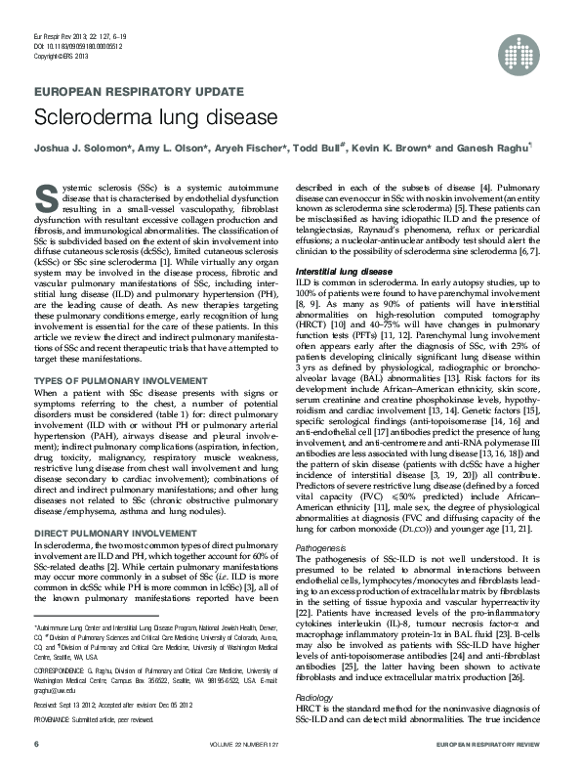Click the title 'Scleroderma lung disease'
(x=156, y=117)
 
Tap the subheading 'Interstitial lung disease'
(x=349, y=270)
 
